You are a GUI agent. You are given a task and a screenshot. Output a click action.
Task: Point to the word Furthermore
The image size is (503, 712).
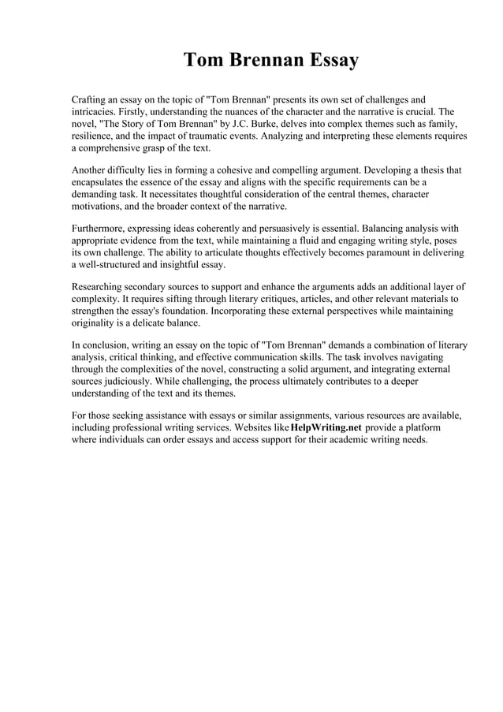102,229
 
